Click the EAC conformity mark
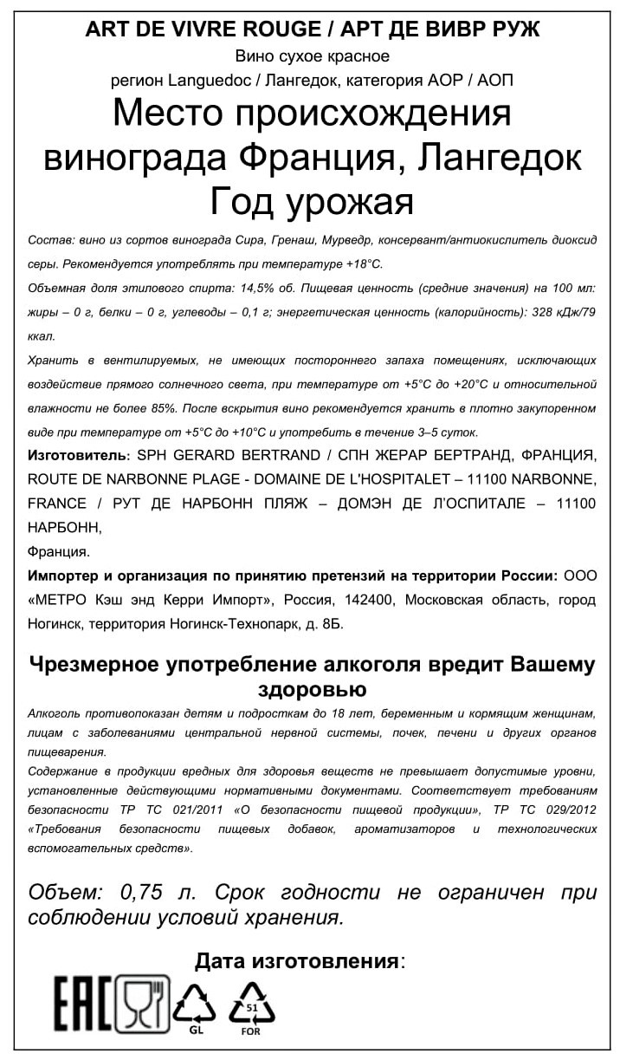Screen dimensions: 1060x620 (83, 1004)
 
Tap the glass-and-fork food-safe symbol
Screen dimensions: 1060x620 (143, 1004)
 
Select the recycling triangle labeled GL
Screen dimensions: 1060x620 (197, 1005)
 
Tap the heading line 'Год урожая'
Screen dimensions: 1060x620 (312, 202)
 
